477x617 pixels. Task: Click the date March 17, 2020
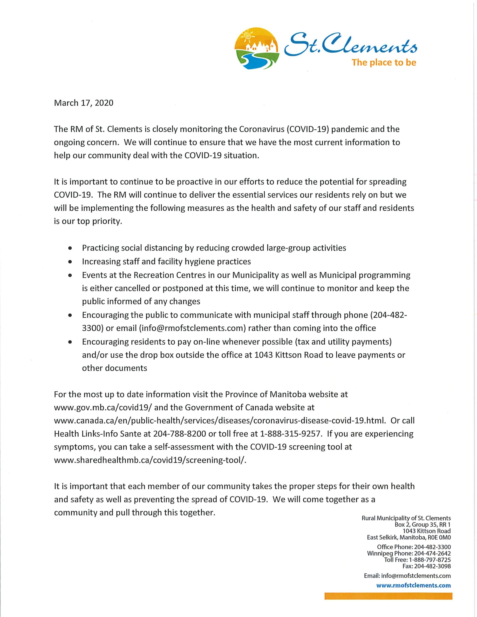pos(84,103)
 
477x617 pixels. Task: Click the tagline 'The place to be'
pos(384,62)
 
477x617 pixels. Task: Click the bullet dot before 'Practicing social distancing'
pos(69,248)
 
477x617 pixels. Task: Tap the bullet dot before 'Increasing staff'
pos(69,262)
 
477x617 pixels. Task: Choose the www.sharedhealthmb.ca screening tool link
pos(150,460)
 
